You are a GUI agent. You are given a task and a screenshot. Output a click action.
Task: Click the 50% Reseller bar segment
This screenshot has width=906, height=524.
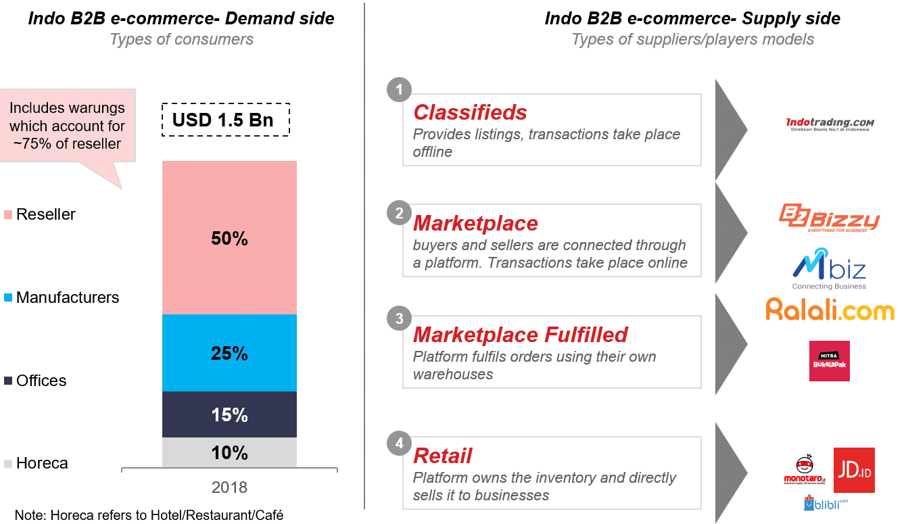(x=229, y=237)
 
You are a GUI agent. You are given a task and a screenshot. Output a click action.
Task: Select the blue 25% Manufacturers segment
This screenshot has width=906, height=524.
(x=229, y=353)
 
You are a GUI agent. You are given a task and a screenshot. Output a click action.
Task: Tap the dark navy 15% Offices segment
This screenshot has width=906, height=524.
(x=229, y=414)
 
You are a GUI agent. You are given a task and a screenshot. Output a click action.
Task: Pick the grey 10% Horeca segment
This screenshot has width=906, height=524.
(x=229, y=452)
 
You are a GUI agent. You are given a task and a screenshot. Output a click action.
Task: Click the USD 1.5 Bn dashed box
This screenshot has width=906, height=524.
(x=226, y=120)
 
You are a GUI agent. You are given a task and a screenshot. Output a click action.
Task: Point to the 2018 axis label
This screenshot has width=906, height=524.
(x=229, y=487)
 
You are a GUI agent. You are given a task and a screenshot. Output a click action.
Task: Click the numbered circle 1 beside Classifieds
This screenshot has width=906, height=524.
(x=400, y=90)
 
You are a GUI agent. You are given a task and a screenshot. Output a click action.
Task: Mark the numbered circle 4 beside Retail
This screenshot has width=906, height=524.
(x=400, y=444)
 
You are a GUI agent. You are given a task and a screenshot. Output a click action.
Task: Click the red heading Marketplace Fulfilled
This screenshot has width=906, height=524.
(x=521, y=335)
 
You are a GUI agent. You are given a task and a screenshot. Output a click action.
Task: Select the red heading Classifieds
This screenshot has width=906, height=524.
(x=470, y=112)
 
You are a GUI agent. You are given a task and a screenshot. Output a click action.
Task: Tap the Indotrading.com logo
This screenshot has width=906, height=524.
(x=830, y=124)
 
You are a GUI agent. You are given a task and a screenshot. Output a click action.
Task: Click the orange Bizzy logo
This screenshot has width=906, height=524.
(x=830, y=218)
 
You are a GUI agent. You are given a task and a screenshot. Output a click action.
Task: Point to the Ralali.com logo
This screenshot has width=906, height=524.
(x=830, y=310)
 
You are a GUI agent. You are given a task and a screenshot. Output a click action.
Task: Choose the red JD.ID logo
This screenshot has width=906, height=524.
(x=854, y=470)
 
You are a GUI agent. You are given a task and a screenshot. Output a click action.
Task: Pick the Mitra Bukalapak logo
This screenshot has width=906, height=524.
(x=829, y=361)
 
